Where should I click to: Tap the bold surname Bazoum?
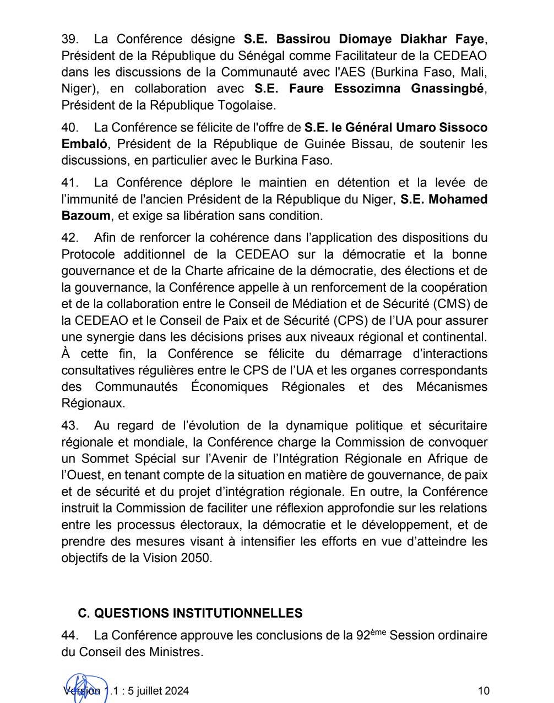(x=85, y=216)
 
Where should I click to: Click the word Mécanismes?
(x=452, y=386)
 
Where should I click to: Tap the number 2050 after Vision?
(x=195, y=558)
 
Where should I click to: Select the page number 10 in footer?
(x=484, y=691)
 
